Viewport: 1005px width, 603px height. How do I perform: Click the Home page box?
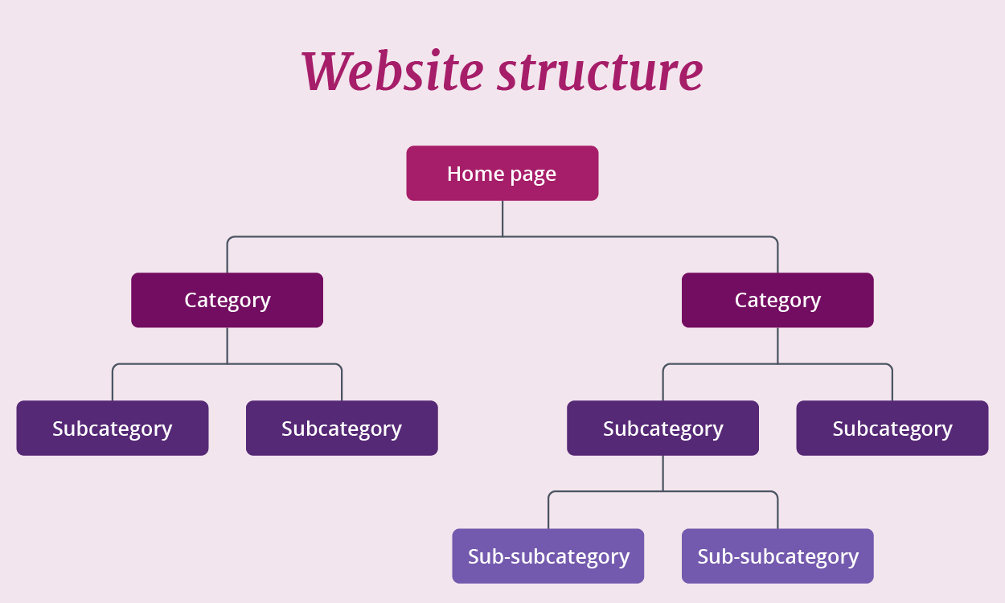coord(502,173)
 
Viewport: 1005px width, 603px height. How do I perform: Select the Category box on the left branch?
coord(227,300)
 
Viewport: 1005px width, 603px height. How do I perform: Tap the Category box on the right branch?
coord(777,300)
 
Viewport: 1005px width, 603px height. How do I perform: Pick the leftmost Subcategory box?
coord(112,428)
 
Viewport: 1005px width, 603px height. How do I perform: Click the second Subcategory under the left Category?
coord(341,428)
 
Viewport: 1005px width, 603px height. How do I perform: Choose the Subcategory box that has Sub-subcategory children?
coord(662,428)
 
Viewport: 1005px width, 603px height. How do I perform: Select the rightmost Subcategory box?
coord(892,428)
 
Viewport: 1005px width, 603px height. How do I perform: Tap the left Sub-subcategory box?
coord(548,556)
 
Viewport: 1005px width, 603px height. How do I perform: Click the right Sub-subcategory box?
coord(777,556)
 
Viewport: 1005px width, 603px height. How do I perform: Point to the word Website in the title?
coord(392,71)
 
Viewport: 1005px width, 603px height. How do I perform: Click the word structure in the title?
coord(599,71)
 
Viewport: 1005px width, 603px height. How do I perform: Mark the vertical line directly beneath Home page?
coord(503,218)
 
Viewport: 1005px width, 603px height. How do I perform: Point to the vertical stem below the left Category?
coord(228,346)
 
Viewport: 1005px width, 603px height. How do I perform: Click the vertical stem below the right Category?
coord(777,346)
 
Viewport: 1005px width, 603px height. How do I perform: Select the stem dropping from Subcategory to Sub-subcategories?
coord(663,473)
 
